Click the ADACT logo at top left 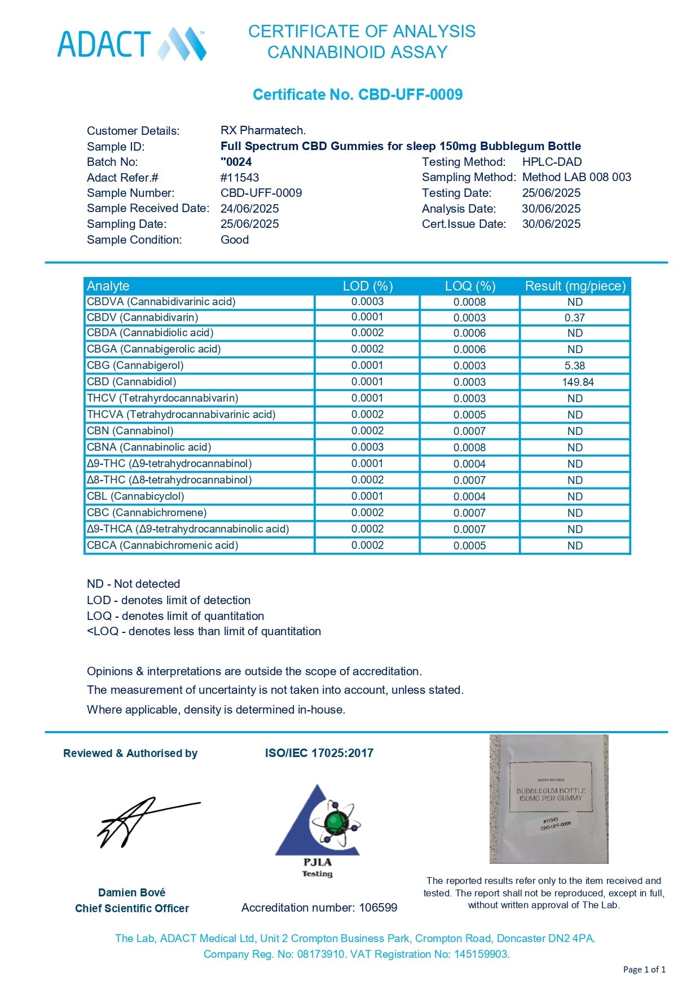pos(132,44)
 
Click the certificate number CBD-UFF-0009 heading pos(358,94)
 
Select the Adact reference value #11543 pos(240,177)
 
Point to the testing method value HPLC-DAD pos(552,162)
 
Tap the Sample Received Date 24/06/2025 pos(249,208)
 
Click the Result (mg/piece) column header pos(575,286)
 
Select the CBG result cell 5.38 pos(575,366)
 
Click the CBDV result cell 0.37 pos(575,318)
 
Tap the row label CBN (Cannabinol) pos(130,431)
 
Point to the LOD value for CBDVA pos(367,302)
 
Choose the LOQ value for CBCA pos(469,545)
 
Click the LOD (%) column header pos(368,286)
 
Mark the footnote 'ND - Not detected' pos(134,584)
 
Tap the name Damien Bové pos(131,892)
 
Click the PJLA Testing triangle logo pos(318,829)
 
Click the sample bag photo pos(549,799)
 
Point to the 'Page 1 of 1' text pos(644,970)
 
